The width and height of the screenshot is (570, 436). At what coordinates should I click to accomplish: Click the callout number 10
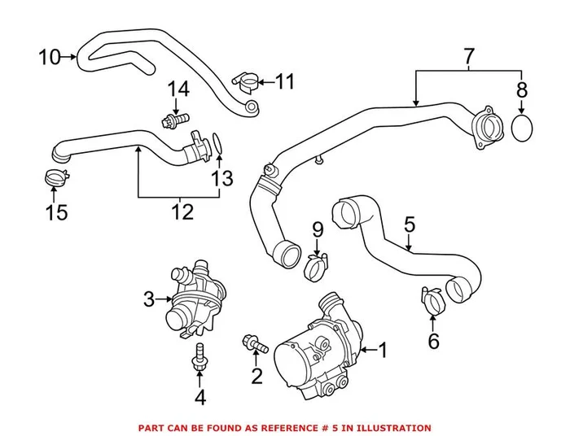tap(50, 57)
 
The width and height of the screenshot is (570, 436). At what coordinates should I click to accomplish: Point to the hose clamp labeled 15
tap(53, 174)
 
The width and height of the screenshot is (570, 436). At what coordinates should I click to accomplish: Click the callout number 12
tap(182, 212)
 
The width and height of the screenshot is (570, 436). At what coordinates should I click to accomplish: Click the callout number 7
tap(468, 57)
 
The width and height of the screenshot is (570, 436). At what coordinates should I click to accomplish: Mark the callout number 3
tap(148, 300)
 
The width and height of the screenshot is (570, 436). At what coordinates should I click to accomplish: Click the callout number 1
tap(384, 351)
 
